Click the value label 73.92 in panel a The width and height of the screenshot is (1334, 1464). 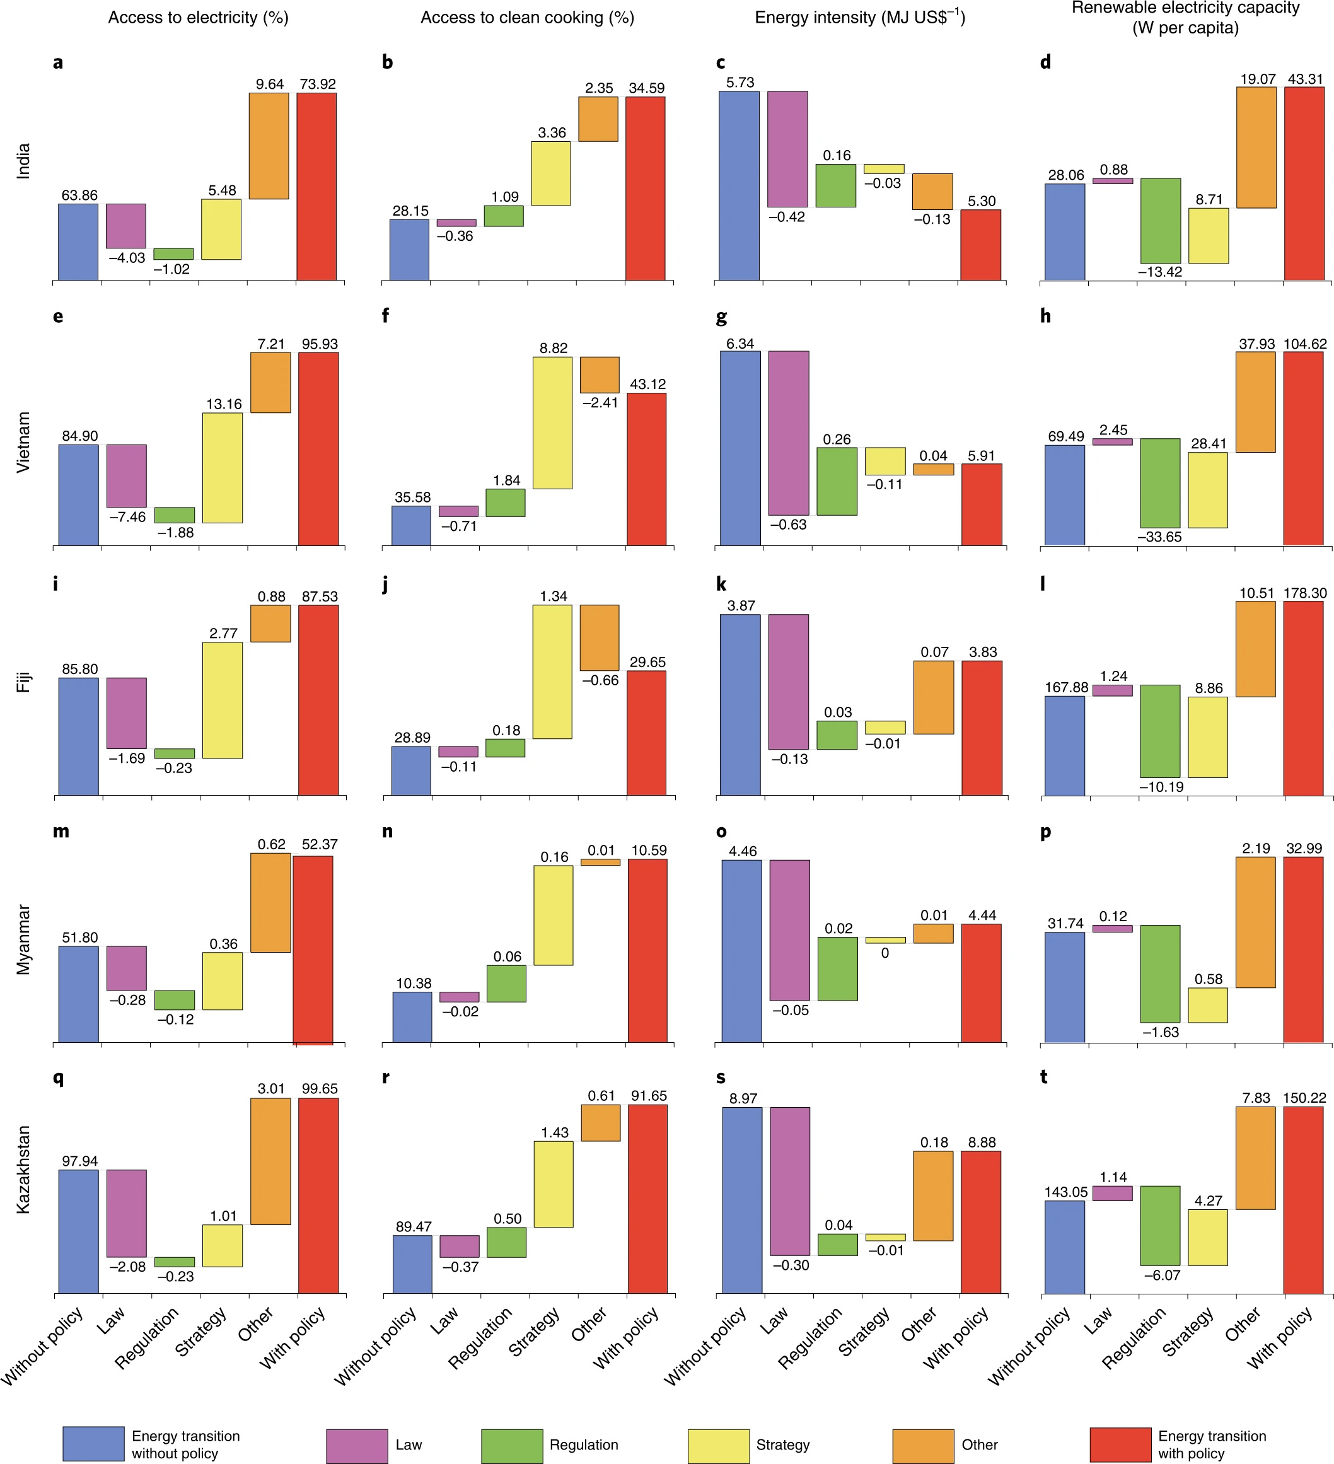[x=317, y=84]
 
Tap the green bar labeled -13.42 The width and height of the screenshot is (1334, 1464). [x=1160, y=221]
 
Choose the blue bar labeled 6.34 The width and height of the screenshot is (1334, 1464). [x=740, y=448]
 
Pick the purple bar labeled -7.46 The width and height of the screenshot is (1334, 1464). [x=126, y=475]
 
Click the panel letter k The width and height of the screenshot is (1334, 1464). [x=721, y=584]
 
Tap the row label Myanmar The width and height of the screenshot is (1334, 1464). [x=24, y=939]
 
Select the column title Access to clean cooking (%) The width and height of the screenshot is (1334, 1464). [x=527, y=18]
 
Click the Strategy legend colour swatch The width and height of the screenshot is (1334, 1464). [x=717, y=1446]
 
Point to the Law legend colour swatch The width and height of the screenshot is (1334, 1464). [x=357, y=1446]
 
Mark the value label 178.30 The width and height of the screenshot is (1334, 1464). [x=1304, y=593]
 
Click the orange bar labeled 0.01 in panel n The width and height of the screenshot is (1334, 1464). [x=601, y=862]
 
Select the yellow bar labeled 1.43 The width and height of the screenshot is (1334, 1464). [x=554, y=1185]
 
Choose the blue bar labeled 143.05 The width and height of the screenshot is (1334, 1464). [x=1064, y=1247]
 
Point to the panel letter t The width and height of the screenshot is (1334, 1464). [x=1043, y=1077]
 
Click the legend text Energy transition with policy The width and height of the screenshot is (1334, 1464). [x=1211, y=1444]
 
